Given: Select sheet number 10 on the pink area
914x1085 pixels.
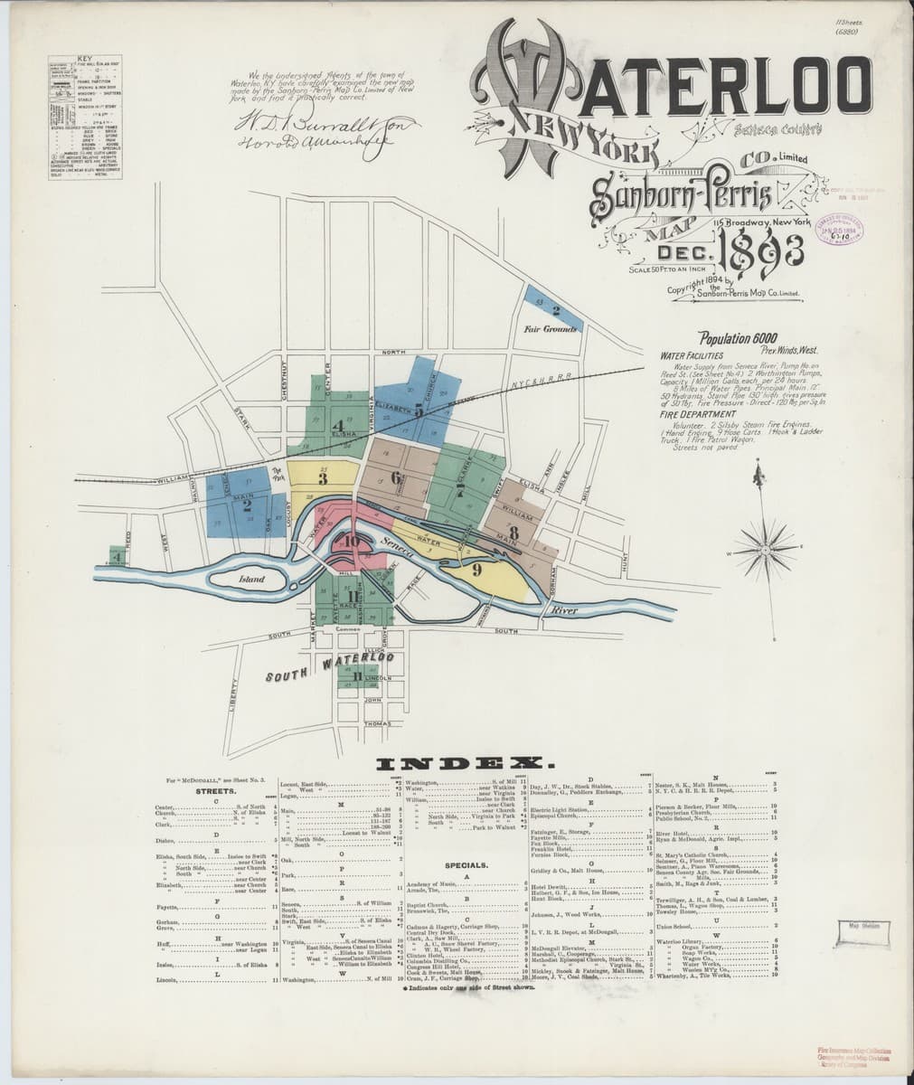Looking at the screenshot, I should point(353,543).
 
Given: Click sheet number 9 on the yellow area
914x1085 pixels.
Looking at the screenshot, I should point(476,571).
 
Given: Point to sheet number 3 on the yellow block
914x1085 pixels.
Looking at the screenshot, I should point(323,474).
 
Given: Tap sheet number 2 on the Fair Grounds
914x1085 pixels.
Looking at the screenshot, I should point(556,310).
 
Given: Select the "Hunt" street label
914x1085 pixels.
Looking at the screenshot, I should point(624,565).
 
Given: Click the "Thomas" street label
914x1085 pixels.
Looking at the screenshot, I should point(376,723).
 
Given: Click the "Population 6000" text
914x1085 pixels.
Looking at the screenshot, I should point(729,337).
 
